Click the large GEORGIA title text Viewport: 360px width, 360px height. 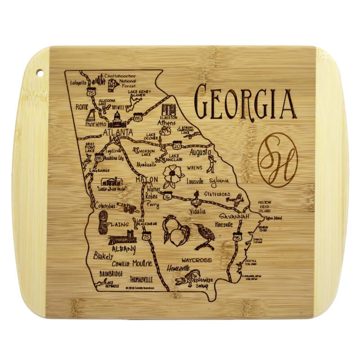click(245, 103)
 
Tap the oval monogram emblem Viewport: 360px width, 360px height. click(277, 160)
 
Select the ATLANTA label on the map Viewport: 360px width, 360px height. click(118, 132)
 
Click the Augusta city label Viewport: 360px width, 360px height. click(200, 153)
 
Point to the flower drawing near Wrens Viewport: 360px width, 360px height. click(171, 175)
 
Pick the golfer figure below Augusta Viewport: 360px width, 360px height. click(210, 165)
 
